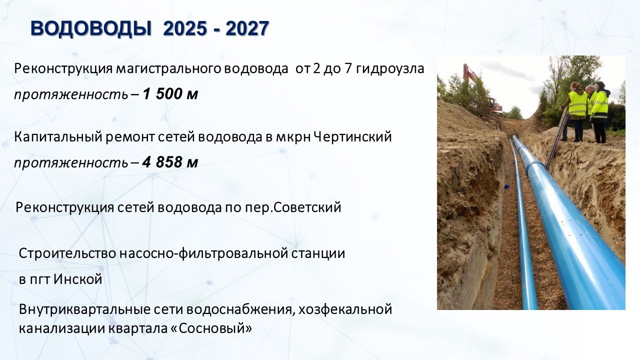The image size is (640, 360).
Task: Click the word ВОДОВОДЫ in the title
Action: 91,28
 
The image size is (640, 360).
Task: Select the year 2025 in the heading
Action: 184,28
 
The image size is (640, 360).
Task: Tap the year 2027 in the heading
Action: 247,28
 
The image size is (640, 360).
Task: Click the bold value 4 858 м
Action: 170,162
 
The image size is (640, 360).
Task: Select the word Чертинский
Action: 352,137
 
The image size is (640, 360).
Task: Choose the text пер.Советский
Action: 293,207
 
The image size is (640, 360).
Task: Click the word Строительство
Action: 67,253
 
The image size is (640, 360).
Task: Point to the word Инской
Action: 77,279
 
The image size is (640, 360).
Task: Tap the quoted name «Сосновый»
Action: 211,328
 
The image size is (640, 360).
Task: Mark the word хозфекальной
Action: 345,309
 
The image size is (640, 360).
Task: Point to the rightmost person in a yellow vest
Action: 599,112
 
